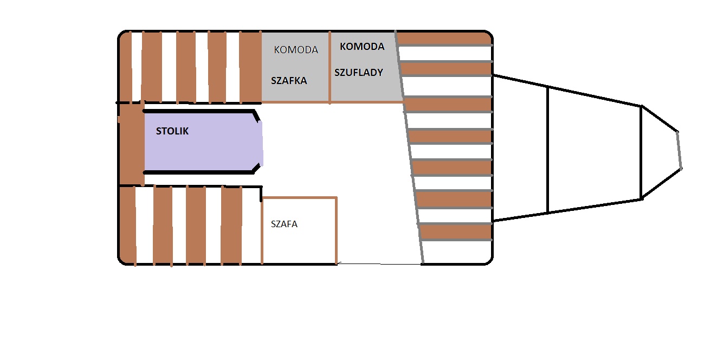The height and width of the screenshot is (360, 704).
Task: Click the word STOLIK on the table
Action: [172, 131]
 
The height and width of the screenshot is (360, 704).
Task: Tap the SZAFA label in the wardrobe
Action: [284, 224]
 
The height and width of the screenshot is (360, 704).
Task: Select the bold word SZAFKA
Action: [289, 81]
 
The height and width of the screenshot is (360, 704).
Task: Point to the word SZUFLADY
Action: [359, 72]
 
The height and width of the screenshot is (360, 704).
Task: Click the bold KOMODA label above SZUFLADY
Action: [362, 47]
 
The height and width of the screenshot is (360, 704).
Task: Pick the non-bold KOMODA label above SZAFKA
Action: [296, 50]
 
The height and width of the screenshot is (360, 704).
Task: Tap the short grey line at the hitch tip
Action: [679, 150]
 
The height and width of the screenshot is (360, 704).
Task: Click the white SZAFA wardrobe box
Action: [299, 239]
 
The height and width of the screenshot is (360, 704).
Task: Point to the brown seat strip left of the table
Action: [131, 144]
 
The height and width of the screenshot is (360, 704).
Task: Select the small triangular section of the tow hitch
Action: [658, 150]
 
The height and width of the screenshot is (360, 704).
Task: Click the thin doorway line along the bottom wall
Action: [379, 264]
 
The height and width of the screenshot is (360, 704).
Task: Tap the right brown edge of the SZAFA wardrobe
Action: [337, 230]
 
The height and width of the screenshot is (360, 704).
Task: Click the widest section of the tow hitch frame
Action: [520, 149]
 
